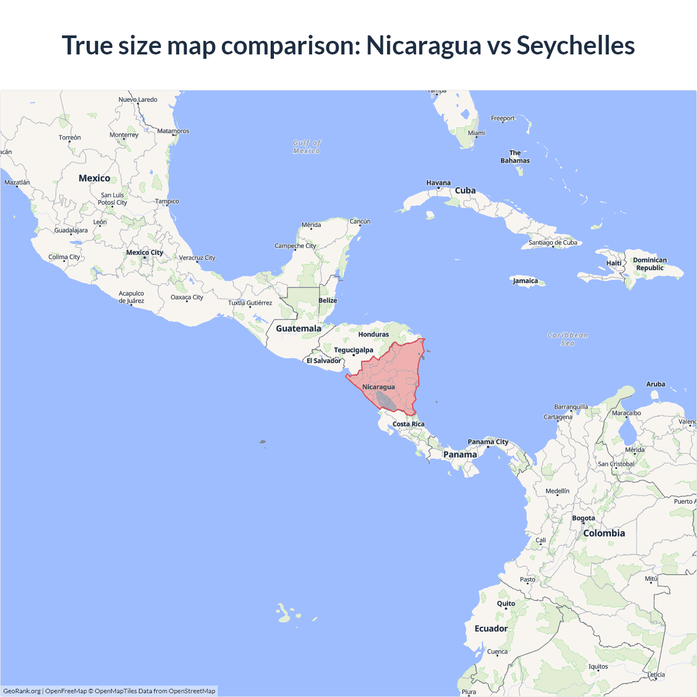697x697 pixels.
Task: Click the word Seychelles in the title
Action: [575, 45]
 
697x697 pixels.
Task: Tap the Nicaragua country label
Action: [378, 387]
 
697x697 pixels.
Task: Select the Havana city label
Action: [438, 183]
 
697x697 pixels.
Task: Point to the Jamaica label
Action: [525, 281]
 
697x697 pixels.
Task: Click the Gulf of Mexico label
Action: [307, 147]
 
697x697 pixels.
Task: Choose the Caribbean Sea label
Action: [567, 339]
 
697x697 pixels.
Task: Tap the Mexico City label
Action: [145, 253]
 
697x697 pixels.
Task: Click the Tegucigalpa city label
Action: [353, 350]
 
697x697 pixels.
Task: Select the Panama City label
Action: [488, 442]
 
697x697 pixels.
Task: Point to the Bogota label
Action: [583, 518]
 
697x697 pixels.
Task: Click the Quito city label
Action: [506, 603]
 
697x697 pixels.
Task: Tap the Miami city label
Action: [476, 133]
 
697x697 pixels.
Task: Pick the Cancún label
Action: [360, 222]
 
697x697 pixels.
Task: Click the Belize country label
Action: [328, 301]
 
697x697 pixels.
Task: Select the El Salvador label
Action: [323, 360]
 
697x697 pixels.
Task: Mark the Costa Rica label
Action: [408, 424]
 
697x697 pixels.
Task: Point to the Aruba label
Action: [656, 384]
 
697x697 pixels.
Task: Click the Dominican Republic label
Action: [650, 264]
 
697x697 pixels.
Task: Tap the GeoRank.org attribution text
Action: [22, 691]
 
